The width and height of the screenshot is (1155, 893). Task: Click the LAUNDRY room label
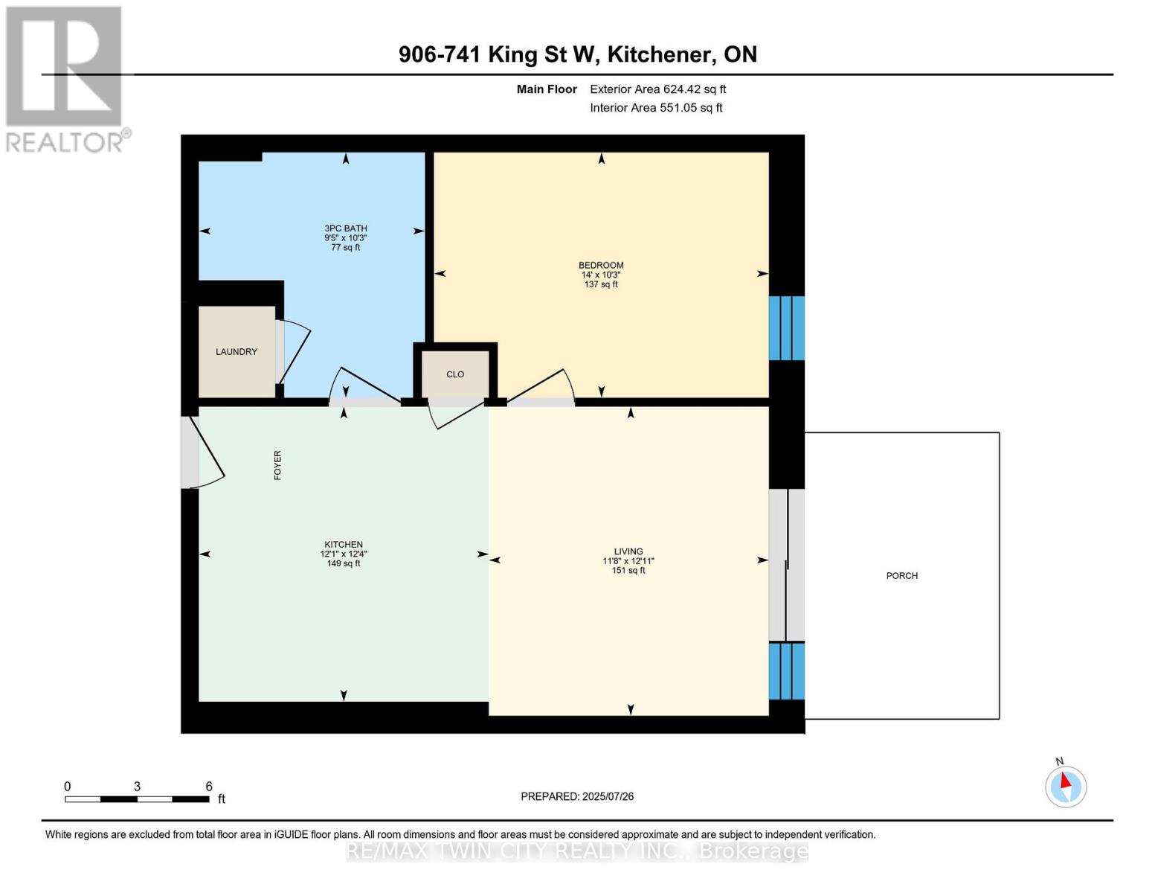[x=237, y=352]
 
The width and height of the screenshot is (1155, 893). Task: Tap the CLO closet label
[x=455, y=374]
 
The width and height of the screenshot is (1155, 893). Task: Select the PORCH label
[x=901, y=576]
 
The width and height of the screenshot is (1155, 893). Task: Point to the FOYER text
[x=277, y=465]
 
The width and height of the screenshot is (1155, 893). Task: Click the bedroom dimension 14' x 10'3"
[x=601, y=275]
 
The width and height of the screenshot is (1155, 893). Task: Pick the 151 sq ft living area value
[x=628, y=571]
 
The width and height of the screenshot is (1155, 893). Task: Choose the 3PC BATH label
[x=346, y=228]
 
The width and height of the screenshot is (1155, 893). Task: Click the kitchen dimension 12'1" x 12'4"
[x=344, y=554]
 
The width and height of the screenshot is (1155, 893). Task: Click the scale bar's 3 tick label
[x=137, y=787]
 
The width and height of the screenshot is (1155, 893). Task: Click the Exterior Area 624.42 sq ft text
[x=657, y=89]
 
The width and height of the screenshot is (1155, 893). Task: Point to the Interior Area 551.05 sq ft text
[x=656, y=108]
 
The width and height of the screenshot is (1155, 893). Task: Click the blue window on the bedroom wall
[x=787, y=328]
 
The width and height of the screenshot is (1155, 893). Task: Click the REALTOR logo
[x=65, y=78]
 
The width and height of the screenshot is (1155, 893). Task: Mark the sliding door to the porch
[x=787, y=566]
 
